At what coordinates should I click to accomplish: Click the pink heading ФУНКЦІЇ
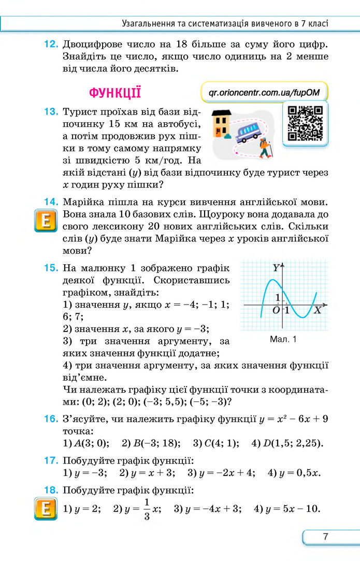pos(114,93)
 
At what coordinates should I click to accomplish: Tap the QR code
pos(305,123)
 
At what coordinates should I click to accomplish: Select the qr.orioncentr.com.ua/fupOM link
pos(264,93)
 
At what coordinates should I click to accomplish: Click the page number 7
pos(325,537)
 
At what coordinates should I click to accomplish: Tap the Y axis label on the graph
pos(276,268)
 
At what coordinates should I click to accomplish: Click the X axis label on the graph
pos(317,311)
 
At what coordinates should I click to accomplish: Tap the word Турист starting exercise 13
pos(78,112)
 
